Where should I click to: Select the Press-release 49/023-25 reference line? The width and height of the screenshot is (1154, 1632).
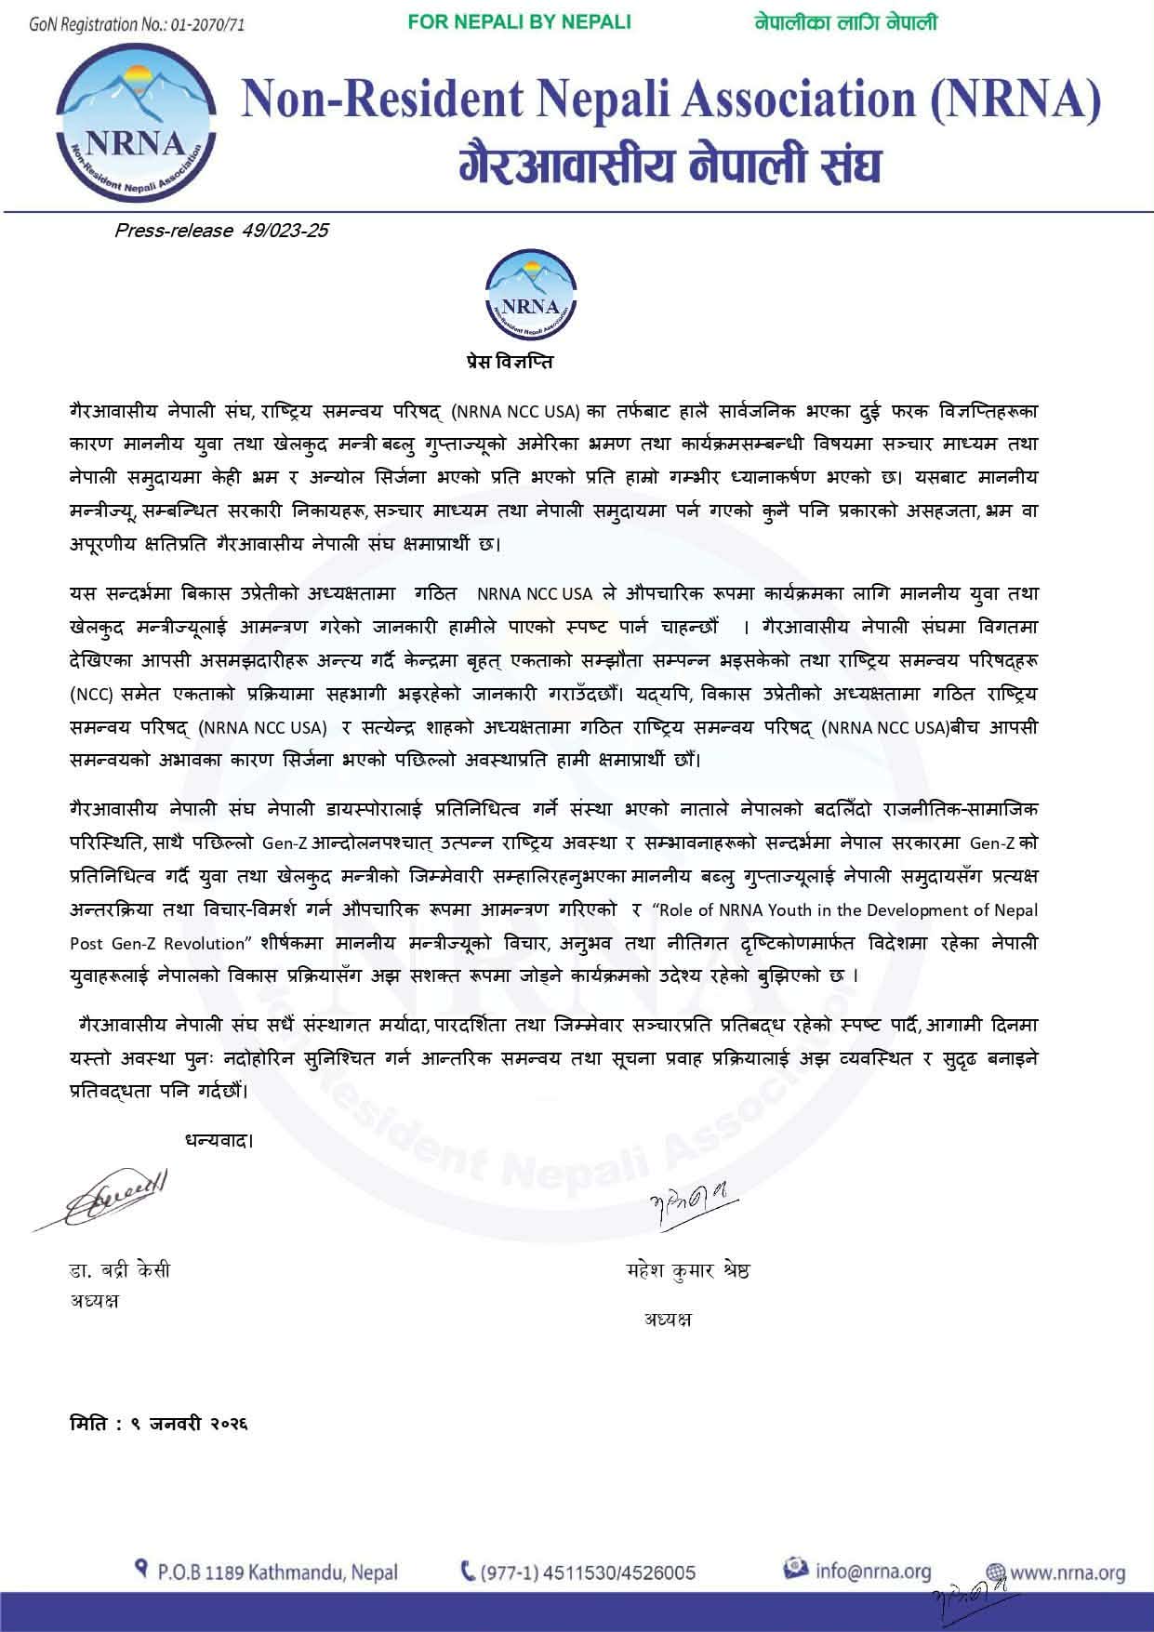point(220,230)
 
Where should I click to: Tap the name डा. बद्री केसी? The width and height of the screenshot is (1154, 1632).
point(120,1271)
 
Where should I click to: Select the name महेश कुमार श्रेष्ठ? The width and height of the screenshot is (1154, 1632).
point(688,1271)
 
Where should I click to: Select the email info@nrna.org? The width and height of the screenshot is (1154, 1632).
point(872,1572)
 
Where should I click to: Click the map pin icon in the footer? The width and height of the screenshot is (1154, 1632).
point(142,1571)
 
